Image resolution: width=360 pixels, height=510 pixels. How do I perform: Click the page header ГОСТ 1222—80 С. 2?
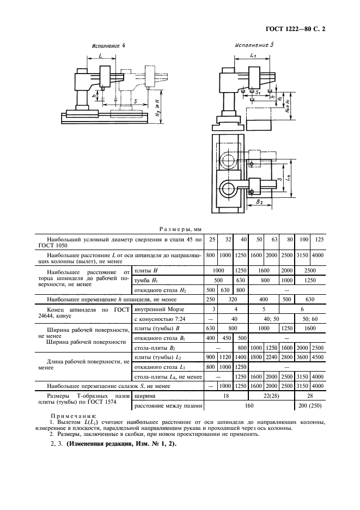pos(295,29)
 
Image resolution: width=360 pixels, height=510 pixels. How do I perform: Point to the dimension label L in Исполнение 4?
pos(101,56)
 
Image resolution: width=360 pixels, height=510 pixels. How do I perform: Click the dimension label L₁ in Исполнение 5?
pos(254,55)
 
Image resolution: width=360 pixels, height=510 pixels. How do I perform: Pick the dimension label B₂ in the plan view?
pos(259,202)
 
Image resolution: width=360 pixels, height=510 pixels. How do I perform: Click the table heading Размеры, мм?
pos(180,229)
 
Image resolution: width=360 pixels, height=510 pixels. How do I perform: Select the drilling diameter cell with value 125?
pos(319,240)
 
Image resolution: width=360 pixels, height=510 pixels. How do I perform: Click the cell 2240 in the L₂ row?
pos(271,357)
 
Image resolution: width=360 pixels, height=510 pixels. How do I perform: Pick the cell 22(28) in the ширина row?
pos(272,396)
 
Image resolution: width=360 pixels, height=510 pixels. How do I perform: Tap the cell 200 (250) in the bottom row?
pos(310,405)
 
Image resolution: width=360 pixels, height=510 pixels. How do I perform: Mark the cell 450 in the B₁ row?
pos(225,338)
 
